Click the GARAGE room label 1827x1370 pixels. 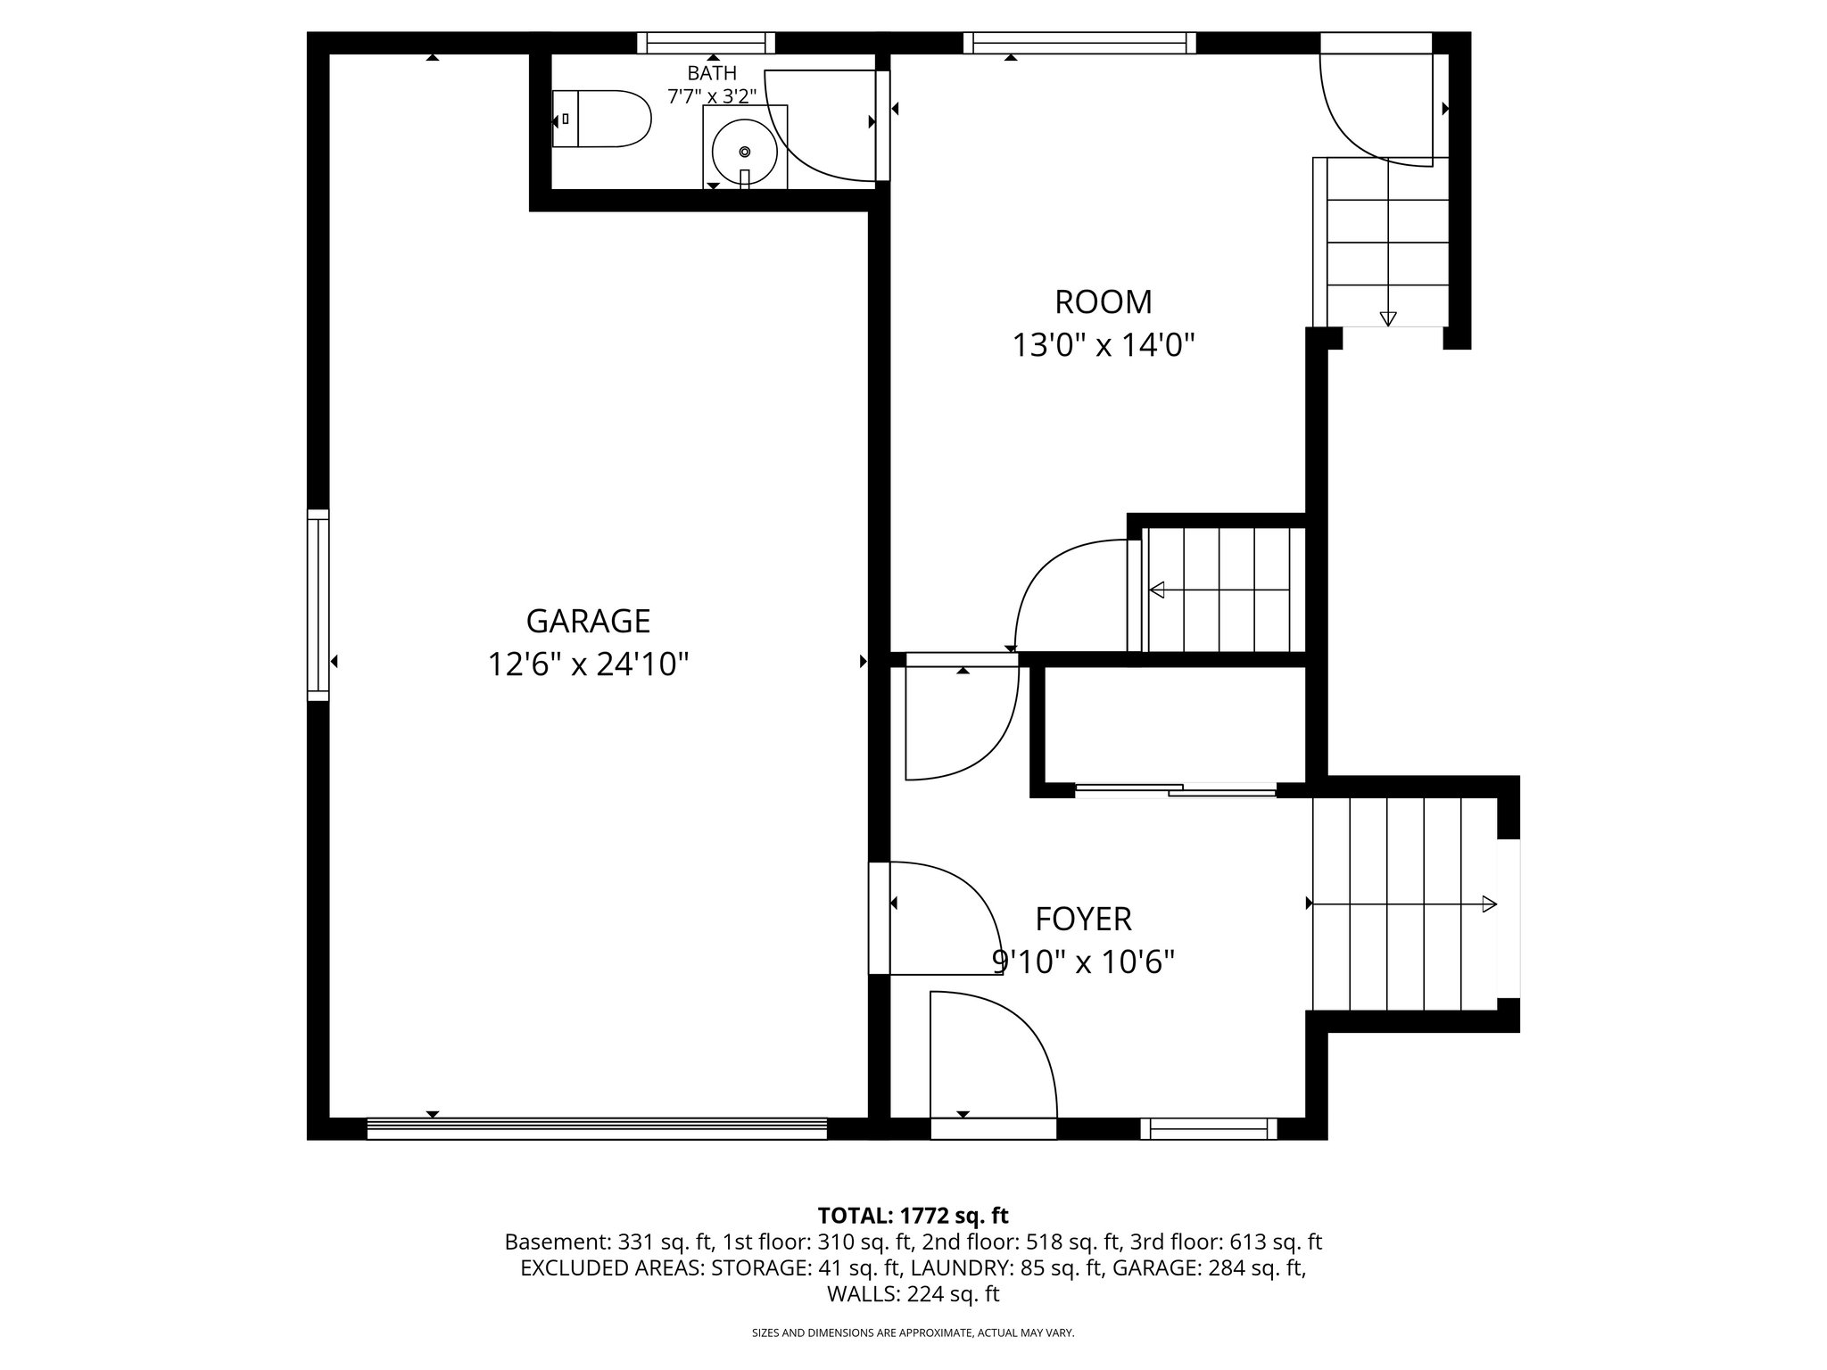(588, 620)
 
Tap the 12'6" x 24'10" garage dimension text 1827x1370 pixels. (588, 664)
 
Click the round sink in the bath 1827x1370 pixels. (745, 151)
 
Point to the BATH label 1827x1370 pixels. (712, 73)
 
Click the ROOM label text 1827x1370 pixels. (1103, 302)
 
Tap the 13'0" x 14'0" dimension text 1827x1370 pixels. (1103, 345)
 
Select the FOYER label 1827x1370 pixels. (1083, 919)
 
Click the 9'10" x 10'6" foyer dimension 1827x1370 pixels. (1083, 962)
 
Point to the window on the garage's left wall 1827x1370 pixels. (318, 605)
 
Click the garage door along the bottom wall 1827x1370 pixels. (597, 1129)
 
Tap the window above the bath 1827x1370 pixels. (706, 43)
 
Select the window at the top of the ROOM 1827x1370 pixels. (1079, 43)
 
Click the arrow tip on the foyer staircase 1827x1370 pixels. (1489, 904)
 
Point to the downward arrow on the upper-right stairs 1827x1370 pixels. (1388, 318)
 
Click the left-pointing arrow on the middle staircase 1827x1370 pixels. (1157, 590)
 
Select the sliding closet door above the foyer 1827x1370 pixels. (1176, 788)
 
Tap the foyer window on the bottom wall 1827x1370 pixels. (1209, 1129)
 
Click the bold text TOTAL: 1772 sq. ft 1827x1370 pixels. (913, 1215)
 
